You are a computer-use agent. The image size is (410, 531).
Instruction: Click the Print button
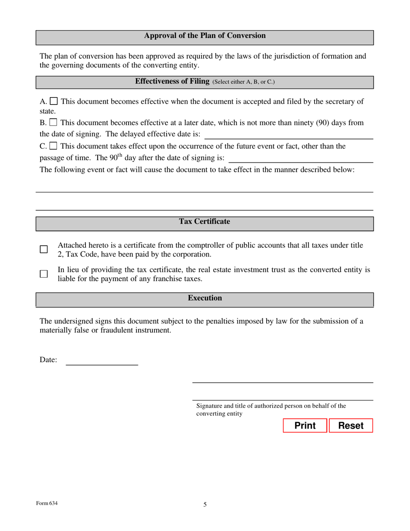(x=305, y=426)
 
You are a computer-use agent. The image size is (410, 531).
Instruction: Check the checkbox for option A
(x=54, y=101)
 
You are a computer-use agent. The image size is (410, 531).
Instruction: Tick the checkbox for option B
(x=54, y=123)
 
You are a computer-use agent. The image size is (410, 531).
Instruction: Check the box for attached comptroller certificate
(x=44, y=250)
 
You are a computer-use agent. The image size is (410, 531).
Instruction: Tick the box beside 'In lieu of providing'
(x=44, y=274)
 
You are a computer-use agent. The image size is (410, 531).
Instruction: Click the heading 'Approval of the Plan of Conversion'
(x=205, y=36)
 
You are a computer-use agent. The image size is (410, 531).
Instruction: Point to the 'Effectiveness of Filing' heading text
(x=172, y=81)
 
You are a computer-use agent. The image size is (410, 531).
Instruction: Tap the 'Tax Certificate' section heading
(x=205, y=221)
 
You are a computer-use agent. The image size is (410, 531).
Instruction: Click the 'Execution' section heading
(x=205, y=298)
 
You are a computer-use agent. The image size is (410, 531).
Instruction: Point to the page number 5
(x=205, y=504)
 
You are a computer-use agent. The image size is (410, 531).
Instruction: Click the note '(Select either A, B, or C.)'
(x=243, y=82)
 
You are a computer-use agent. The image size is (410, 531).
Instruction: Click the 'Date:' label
(x=48, y=360)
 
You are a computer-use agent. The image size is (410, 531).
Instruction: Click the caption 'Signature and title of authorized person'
(x=271, y=406)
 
